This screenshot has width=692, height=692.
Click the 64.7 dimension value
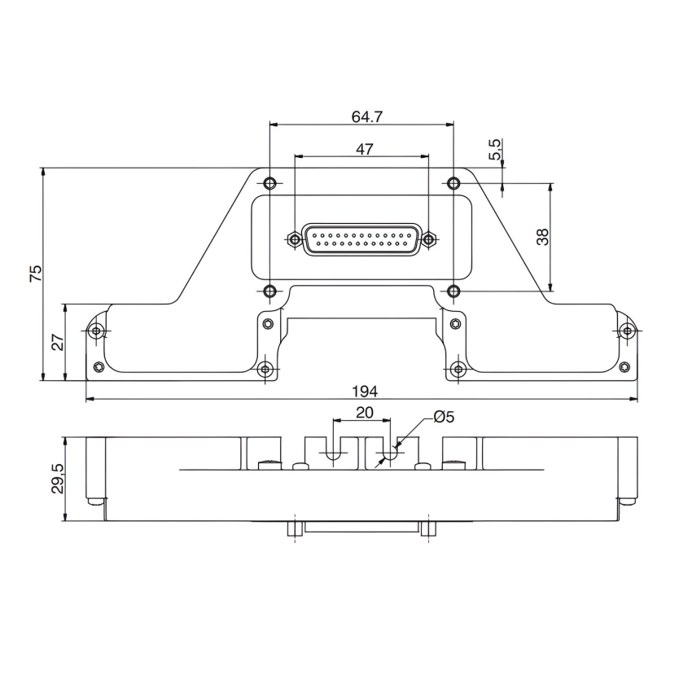(367, 116)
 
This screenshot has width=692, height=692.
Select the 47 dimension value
(365, 148)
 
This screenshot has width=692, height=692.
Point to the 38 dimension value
(543, 236)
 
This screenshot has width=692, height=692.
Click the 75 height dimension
(35, 274)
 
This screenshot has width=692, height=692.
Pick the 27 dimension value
(58, 342)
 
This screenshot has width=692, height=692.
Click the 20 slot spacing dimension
(364, 413)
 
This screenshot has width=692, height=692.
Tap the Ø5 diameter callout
(444, 417)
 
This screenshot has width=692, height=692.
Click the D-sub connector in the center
(362, 239)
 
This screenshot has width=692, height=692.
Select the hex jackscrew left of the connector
(294, 239)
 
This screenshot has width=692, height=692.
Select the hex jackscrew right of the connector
(431, 239)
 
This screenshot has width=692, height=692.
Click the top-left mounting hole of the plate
(271, 182)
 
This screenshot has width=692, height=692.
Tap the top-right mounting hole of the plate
(453, 182)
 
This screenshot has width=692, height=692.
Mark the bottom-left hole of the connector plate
(271, 291)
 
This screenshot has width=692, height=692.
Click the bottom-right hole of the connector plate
(453, 291)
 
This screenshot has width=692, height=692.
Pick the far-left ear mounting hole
(97, 331)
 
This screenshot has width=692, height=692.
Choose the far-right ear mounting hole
(626, 331)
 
